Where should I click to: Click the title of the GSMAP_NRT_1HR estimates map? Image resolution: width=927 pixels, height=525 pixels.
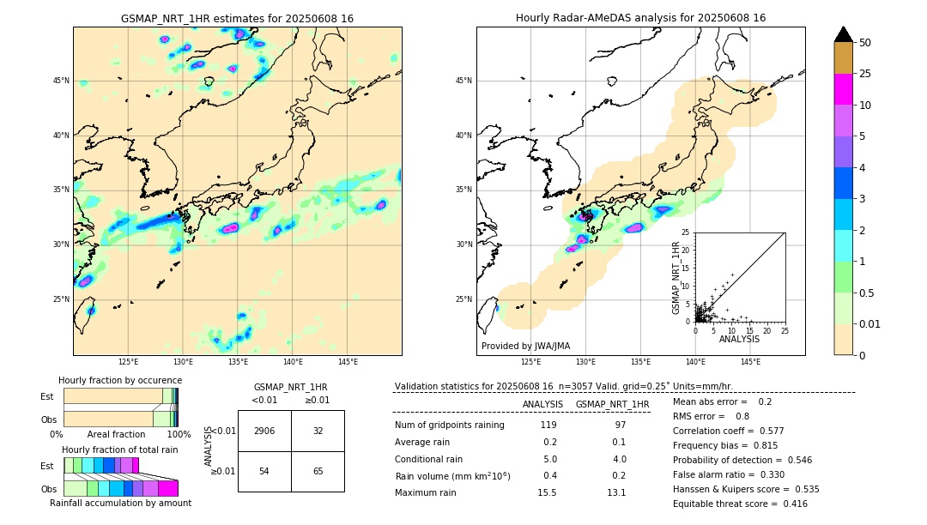(237, 18)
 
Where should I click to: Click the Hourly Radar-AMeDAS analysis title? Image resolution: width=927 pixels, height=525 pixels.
(640, 18)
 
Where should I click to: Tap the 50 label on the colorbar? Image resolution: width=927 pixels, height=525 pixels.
(865, 42)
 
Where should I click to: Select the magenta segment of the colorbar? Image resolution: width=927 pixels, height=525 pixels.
(843, 89)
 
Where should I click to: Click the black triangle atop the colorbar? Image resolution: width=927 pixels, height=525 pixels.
(843, 34)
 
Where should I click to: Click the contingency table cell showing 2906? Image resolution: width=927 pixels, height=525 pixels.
(264, 431)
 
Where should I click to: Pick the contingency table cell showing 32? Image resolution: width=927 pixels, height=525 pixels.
(318, 431)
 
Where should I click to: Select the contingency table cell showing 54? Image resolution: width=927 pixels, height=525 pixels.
(264, 472)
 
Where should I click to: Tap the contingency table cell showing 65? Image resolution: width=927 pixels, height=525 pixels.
(318, 472)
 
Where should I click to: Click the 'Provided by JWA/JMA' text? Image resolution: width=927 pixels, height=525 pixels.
(525, 346)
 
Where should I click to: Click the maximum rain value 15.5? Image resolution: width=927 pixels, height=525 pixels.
(547, 492)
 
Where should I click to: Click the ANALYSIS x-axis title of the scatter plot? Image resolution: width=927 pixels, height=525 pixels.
(739, 339)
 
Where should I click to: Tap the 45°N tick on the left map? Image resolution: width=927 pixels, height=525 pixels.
(61, 81)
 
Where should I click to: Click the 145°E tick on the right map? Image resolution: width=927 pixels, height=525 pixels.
(750, 362)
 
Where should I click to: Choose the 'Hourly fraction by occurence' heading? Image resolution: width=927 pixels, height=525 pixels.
(120, 380)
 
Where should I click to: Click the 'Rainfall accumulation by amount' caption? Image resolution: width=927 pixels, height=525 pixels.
(120, 503)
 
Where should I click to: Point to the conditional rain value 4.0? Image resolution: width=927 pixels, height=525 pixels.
(619, 459)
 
